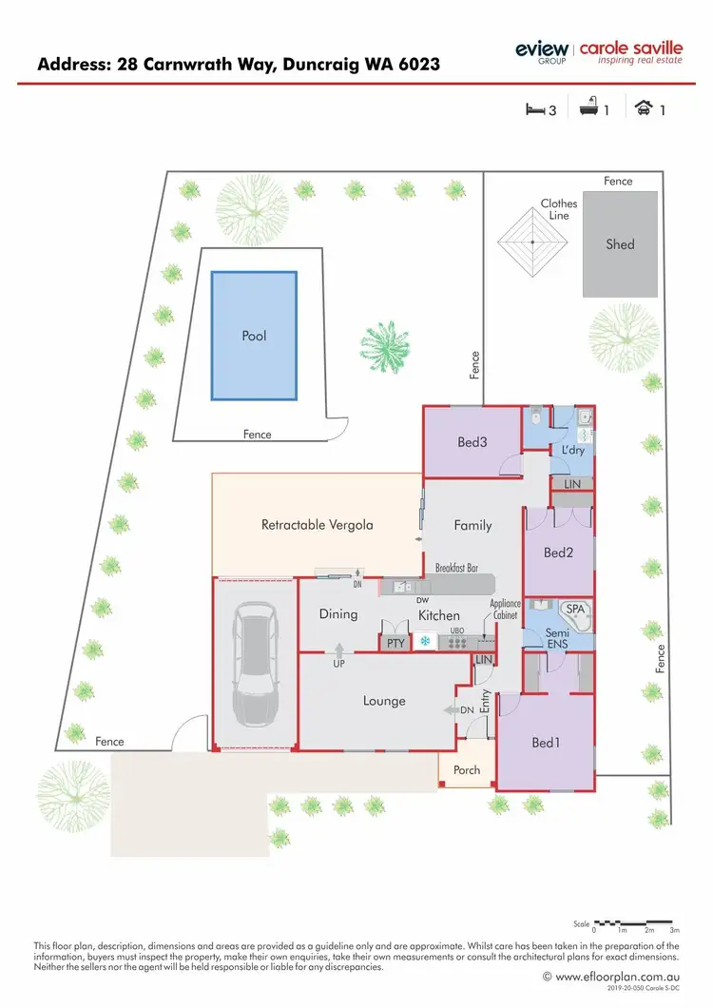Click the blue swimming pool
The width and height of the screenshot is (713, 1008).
click(253, 336)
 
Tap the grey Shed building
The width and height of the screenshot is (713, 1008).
click(620, 244)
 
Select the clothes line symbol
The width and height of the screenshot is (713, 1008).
click(534, 242)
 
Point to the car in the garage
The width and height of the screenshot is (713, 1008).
click(255, 665)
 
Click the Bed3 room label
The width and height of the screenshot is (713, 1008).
click(472, 442)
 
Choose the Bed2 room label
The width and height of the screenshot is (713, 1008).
click(558, 552)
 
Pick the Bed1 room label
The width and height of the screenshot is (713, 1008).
click(546, 743)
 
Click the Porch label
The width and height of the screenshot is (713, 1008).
click(467, 769)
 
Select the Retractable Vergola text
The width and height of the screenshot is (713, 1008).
click(317, 524)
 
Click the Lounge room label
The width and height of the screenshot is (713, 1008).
click(384, 701)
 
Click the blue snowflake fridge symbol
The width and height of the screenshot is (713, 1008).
click(425, 643)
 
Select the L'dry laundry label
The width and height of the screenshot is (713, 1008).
click(572, 449)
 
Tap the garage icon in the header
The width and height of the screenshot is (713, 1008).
click(644, 108)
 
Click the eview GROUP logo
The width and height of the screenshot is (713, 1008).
click(541, 50)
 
